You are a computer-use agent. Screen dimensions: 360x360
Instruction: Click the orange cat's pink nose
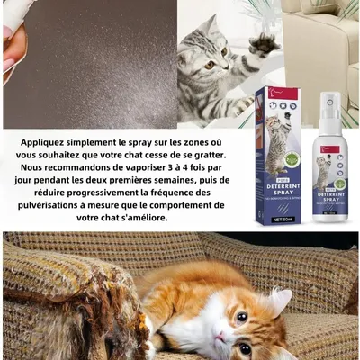point(220,335)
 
